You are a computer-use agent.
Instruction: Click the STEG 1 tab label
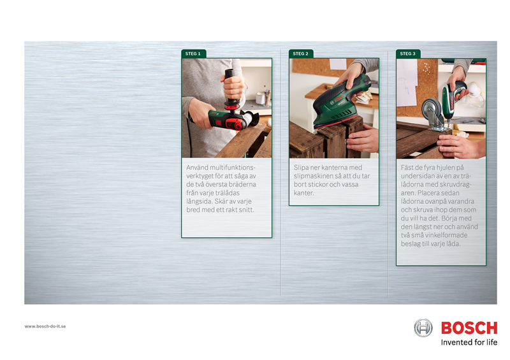(193, 54)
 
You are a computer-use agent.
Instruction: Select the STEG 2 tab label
(300, 54)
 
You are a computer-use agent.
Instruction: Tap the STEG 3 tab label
(407, 54)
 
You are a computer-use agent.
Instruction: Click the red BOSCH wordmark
(469, 328)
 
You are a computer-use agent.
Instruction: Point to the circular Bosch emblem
(423, 328)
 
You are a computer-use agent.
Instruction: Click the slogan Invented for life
(469, 342)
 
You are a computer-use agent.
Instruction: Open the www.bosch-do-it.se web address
(45, 326)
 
